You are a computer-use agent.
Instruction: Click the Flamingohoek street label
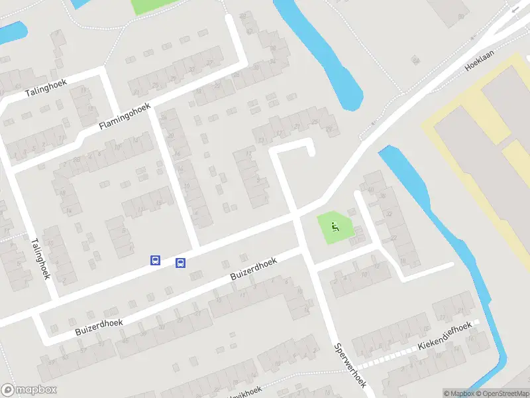click(x=125, y=116)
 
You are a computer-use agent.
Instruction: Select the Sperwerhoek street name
click(x=350, y=365)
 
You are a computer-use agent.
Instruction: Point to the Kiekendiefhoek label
click(x=445, y=337)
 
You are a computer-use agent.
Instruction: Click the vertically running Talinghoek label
click(x=40, y=257)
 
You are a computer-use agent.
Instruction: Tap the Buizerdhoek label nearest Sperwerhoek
click(x=253, y=272)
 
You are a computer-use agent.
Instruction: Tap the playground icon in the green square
click(x=335, y=228)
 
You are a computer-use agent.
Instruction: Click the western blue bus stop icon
click(x=155, y=261)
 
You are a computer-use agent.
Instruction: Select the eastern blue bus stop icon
click(x=180, y=263)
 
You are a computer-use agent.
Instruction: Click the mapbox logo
click(x=29, y=390)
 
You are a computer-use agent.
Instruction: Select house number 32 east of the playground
click(x=390, y=214)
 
